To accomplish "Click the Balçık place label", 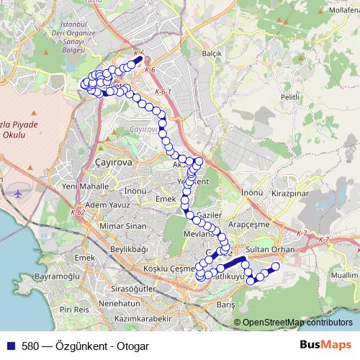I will pyautogui.click(x=211, y=54).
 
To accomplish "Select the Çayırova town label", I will pyautogui.click(x=114, y=163).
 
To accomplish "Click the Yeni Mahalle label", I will pyautogui.click(x=85, y=186).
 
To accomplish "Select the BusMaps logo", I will pyautogui.click(x=330, y=346).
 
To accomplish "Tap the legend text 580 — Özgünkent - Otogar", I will pyautogui.click(x=86, y=346).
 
